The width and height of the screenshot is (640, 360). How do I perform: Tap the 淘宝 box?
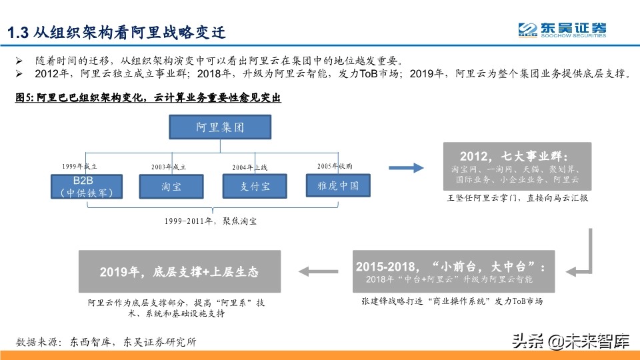(171, 186)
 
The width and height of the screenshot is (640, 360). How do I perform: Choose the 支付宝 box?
(255, 186)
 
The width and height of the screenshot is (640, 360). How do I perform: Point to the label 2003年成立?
(169, 167)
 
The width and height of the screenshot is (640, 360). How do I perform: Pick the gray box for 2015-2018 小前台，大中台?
(451, 271)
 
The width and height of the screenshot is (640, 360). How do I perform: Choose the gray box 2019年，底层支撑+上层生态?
(179, 271)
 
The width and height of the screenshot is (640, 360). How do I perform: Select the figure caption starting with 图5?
(148, 98)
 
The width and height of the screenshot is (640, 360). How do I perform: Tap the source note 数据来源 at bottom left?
(107, 342)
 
